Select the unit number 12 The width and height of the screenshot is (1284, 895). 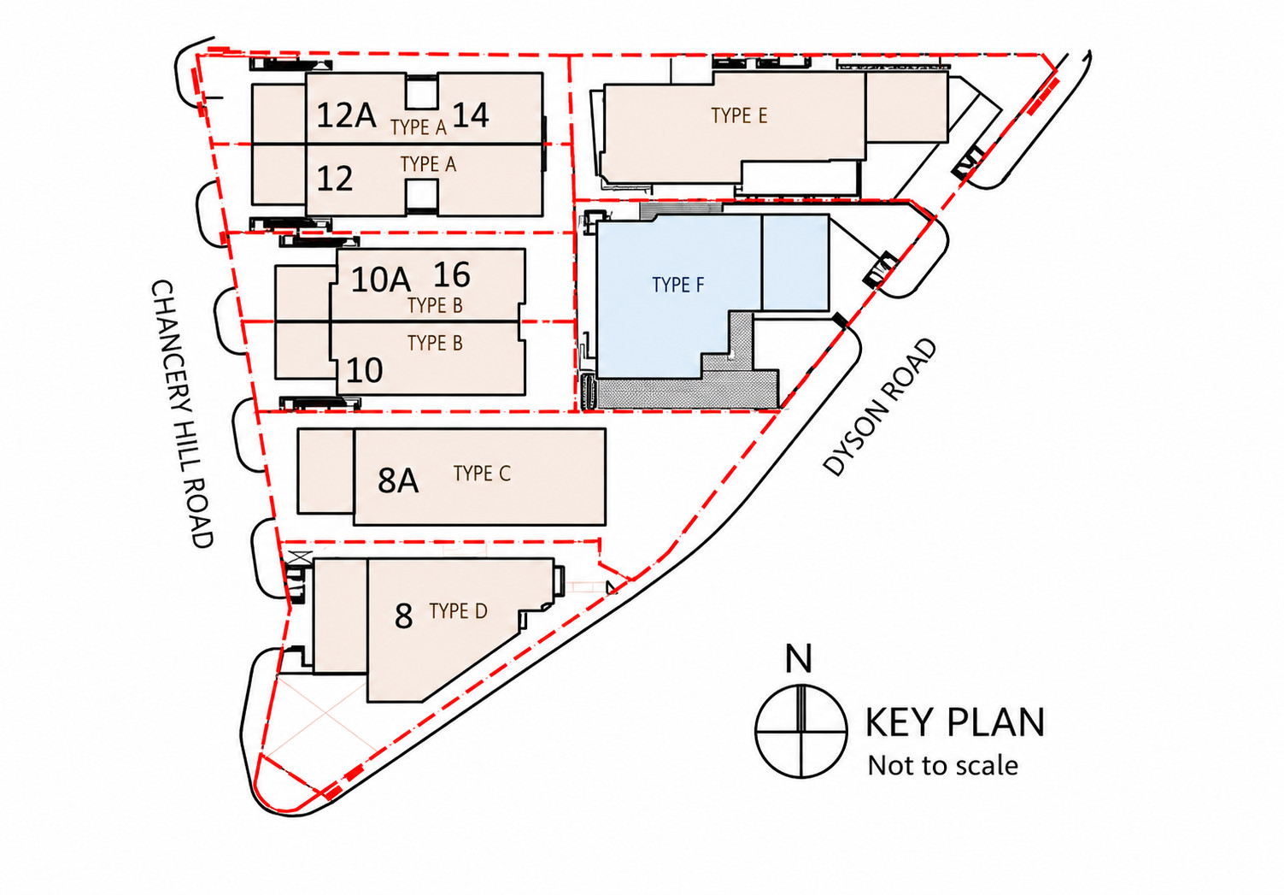[334, 178]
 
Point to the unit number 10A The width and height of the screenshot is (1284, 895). [381, 280]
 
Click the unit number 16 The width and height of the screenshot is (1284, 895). [452, 274]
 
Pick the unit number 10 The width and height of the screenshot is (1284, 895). [365, 370]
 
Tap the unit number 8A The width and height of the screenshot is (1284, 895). [398, 480]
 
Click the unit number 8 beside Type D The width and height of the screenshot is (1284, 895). [403, 616]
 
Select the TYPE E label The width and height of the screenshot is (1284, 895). [739, 115]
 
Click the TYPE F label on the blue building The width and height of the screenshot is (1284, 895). [678, 285]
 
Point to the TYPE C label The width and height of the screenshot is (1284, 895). [482, 474]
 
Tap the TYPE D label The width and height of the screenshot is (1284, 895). [458, 611]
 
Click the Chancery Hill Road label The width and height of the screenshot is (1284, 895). [182, 414]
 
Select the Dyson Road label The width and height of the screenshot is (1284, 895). [880, 408]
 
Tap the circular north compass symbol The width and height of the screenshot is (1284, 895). [800, 732]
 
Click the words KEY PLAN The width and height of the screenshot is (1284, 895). [955, 722]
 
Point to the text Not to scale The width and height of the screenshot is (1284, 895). [943, 766]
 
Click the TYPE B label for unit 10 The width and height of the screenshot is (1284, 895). [435, 343]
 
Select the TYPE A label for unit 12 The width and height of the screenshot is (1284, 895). [428, 165]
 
